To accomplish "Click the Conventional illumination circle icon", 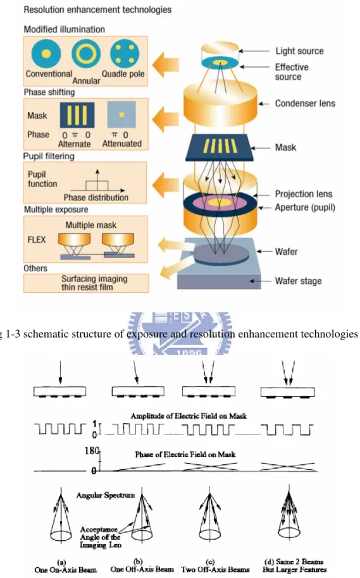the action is coord(46,54).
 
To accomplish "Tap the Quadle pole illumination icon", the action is coord(125,54).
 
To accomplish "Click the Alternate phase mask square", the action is coord(77,115).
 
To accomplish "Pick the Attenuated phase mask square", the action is coord(121,114).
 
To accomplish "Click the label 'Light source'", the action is coord(299,51).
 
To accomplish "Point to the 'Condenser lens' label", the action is coord(305,103).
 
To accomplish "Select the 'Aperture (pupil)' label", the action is coord(305,207).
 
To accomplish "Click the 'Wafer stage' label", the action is coord(298,281).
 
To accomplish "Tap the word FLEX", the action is coord(37,240).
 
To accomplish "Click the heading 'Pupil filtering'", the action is coord(49,156).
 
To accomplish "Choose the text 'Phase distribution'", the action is coord(96,197).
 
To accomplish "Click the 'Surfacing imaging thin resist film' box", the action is coord(86,283).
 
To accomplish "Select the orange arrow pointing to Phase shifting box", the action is coord(166,120).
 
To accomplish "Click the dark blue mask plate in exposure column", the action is coord(220,147).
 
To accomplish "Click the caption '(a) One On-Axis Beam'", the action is coord(66,566).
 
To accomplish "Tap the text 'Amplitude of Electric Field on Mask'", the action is coord(189,416).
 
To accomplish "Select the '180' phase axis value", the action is coord(92,450).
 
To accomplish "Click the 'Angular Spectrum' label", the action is coord(106,495).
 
